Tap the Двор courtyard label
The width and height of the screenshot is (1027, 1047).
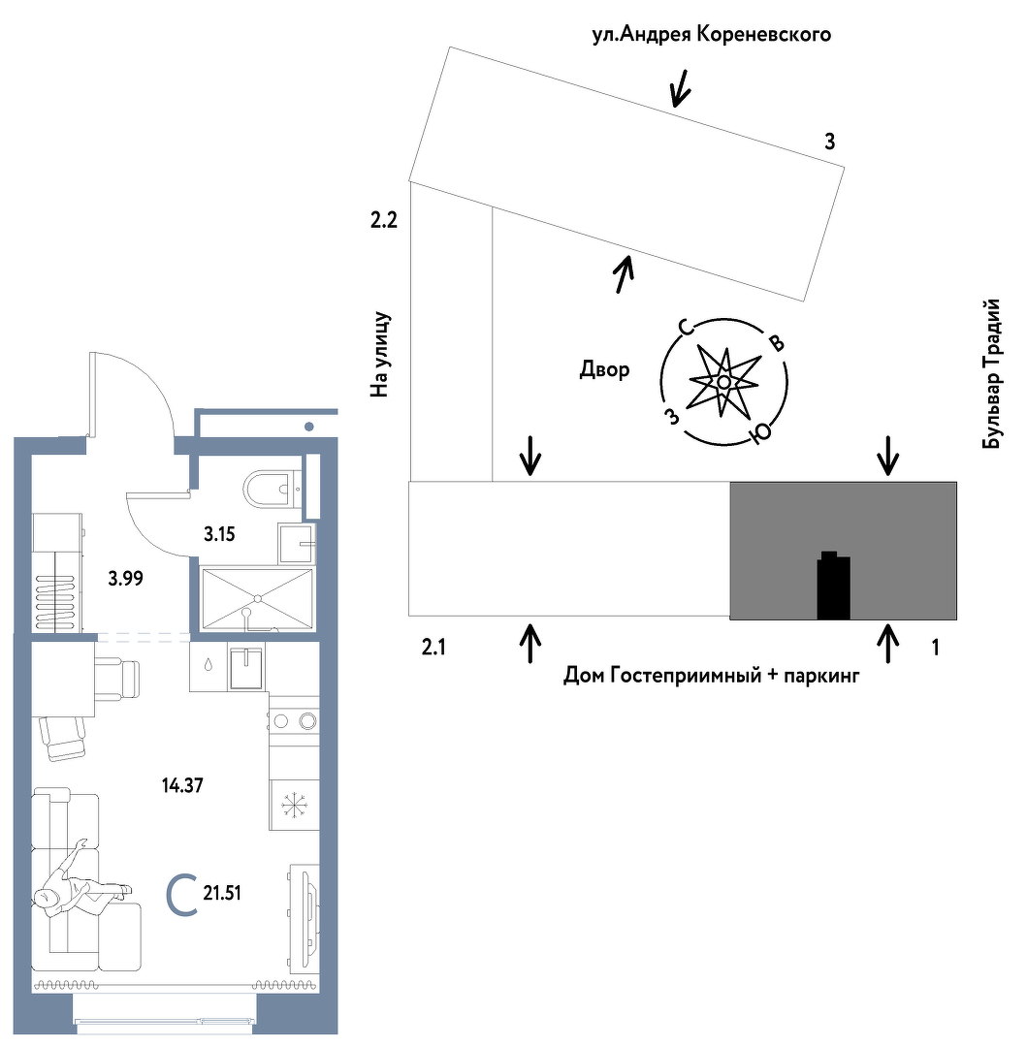(604, 369)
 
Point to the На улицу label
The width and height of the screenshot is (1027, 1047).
(379, 355)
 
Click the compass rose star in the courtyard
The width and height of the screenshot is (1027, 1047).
(723, 382)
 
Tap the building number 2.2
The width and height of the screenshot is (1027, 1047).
(384, 221)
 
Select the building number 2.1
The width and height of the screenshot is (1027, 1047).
(433, 647)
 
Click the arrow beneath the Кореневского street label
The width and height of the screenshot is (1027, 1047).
(681, 88)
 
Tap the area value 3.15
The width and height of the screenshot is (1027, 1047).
(220, 532)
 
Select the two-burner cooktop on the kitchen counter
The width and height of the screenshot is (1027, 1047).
(294, 720)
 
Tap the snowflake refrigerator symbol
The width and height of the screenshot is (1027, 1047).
(293, 806)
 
